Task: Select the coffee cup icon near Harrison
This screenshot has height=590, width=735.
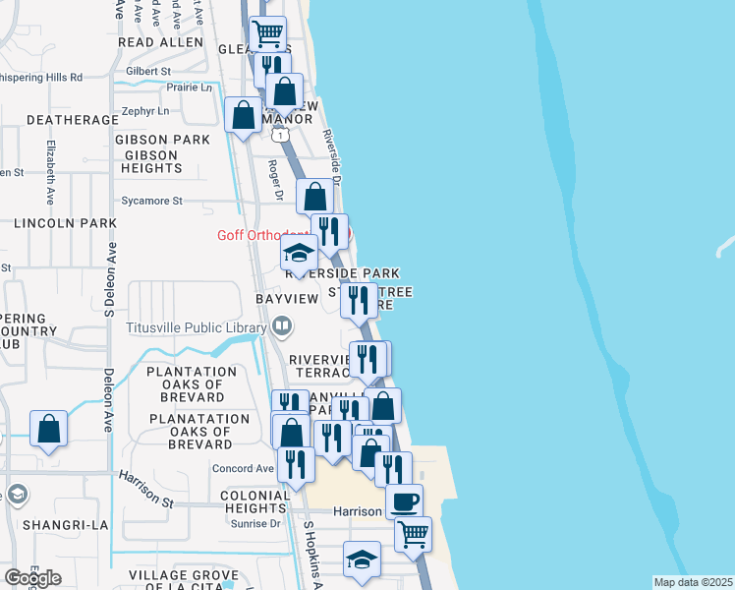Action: point(404,502)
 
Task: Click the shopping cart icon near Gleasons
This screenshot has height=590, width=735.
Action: point(267,34)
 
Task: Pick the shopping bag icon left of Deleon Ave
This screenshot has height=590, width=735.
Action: point(48,430)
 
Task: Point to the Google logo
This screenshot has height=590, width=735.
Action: point(32,577)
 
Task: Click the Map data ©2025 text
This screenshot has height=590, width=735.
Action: point(692,582)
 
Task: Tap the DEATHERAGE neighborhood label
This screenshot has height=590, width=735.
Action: point(65,120)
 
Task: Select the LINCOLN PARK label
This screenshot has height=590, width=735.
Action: point(65,223)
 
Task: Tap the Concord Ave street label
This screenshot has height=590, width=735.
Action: point(243,469)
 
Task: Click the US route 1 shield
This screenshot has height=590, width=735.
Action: point(281,136)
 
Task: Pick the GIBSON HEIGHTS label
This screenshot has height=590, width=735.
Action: point(150,162)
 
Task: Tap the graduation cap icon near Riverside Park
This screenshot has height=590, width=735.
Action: point(299,254)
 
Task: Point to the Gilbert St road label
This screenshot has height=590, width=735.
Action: point(148,71)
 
